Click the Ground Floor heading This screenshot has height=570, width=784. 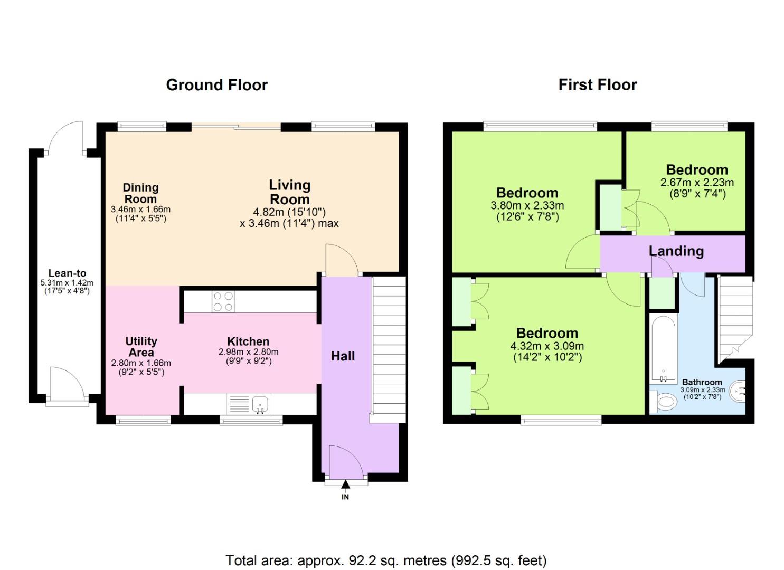coord(216,85)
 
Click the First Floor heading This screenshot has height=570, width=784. coord(598,85)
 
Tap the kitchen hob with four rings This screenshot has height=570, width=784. coord(223,301)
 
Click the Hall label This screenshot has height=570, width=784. coord(343,356)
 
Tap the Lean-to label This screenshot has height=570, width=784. coord(67,273)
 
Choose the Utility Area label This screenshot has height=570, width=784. coord(141,347)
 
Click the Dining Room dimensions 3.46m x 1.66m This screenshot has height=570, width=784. coord(140,210)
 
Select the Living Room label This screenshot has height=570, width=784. coord(289,192)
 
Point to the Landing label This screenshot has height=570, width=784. coord(676,251)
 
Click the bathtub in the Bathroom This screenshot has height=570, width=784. coord(663,348)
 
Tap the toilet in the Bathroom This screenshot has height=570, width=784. coord(663,402)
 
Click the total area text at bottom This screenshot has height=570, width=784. coord(386,560)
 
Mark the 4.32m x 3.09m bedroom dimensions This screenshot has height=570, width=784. coord(547,346)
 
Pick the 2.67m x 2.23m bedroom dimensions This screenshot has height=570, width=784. coord(697,183)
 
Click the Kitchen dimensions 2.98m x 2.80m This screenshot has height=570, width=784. coord(248,352)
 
